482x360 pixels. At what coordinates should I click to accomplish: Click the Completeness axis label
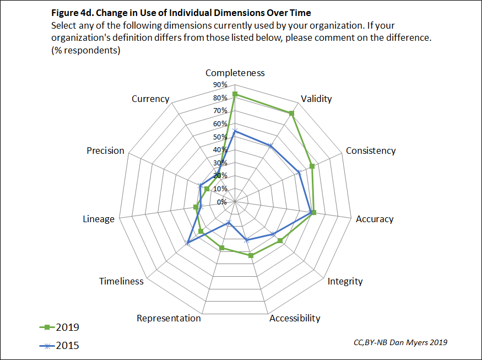pos(235,73)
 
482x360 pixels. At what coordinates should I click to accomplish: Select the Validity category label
pos(316,99)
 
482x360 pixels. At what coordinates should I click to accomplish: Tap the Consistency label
pos(371,151)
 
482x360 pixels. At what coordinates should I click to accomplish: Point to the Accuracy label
pos(375,219)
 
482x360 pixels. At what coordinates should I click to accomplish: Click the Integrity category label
pos(345,281)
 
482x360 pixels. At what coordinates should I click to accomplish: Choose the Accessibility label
pos(294,318)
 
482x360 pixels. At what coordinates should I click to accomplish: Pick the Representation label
pos(169,318)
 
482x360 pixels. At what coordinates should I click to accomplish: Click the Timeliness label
pos(121,281)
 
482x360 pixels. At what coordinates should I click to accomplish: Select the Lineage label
pos(99,219)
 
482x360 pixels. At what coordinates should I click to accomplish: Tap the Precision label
pos(105,151)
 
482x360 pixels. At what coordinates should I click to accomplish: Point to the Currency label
pos(150,99)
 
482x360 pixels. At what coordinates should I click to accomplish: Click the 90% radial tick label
pos(220,85)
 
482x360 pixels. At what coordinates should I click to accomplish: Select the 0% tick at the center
pos(221,202)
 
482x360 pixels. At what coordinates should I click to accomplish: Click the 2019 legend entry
pos(59,327)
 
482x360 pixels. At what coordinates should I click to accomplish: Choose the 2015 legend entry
pos(59,346)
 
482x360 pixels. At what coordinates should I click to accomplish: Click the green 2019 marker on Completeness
pos(235,94)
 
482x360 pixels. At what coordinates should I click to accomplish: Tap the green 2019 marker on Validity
pos(291,114)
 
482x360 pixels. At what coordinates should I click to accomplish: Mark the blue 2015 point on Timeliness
pos(188,243)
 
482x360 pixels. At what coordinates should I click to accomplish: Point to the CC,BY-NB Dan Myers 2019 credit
pos(400,342)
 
